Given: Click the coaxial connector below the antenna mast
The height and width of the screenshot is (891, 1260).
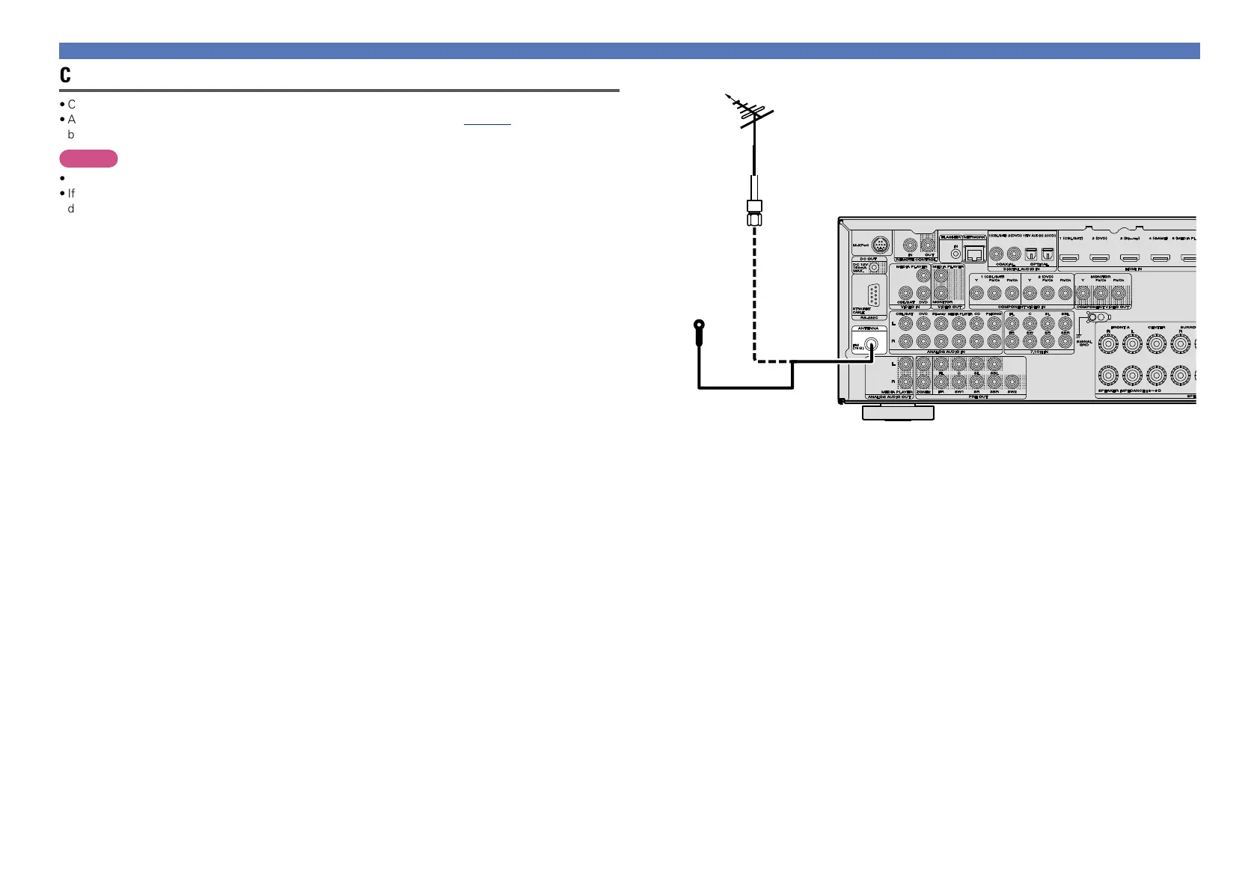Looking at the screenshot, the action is (754, 212).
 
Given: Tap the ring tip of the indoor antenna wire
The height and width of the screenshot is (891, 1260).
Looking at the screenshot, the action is (699, 326).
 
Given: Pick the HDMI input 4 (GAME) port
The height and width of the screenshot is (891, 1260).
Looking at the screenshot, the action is (1159, 258).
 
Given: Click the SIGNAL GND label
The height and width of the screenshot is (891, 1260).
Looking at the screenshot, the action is (1084, 343).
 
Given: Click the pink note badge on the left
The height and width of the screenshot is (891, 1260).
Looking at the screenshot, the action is (89, 159).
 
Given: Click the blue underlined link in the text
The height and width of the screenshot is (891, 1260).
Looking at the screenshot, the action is (487, 120).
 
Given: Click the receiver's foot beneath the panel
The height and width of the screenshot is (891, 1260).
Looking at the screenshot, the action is (897, 412).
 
